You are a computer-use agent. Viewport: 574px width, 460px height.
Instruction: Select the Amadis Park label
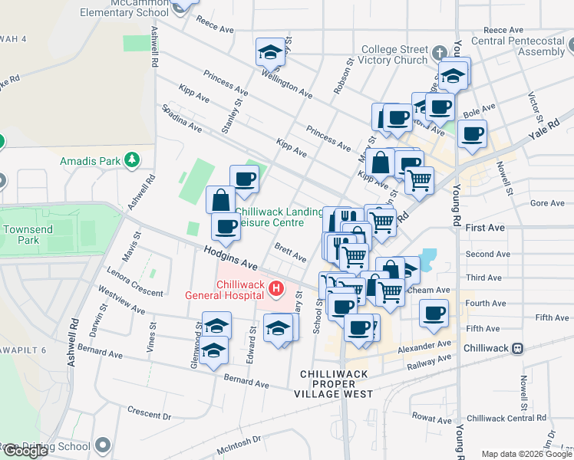(91, 161)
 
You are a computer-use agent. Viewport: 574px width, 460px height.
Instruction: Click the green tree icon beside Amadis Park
(134, 159)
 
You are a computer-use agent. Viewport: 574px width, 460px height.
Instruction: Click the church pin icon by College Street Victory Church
(439, 53)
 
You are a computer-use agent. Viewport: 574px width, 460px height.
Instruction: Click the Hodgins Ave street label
(230, 257)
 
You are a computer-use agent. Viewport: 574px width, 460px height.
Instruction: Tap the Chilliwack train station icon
(518, 347)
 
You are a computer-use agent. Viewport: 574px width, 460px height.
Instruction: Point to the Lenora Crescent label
(136, 282)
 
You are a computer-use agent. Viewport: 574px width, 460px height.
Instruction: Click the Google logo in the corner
(25, 451)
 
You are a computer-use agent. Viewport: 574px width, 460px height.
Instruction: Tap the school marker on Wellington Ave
(269, 53)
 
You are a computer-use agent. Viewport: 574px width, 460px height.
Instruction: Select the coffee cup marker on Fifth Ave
(434, 313)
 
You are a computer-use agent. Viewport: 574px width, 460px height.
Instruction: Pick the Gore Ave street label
(547, 203)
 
